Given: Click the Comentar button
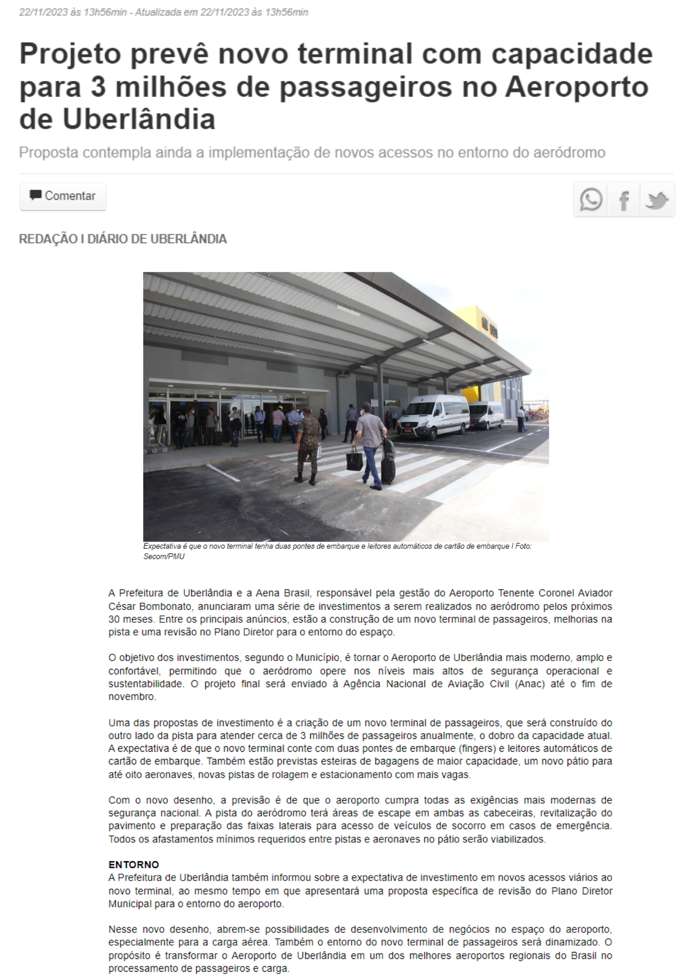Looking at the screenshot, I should (63, 196).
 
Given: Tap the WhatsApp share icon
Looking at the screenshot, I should (591, 200).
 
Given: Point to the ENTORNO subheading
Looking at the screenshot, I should (133, 865).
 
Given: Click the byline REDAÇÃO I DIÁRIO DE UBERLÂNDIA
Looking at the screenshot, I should (123, 239).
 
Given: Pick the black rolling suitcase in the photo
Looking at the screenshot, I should (388, 468).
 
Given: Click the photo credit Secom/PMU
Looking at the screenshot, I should (164, 557).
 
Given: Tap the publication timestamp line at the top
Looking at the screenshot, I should (164, 12).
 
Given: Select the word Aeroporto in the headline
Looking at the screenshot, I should (577, 87).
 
